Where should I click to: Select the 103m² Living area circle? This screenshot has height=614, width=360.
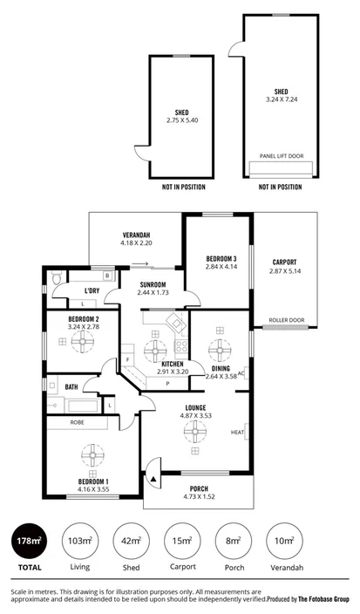(x=79, y=541)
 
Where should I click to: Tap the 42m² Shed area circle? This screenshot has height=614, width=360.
(x=131, y=541)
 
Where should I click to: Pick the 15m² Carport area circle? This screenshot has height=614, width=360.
(x=181, y=541)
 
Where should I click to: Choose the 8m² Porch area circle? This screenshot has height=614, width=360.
(x=231, y=541)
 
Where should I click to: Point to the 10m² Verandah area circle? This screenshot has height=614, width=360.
(x=282, y=541)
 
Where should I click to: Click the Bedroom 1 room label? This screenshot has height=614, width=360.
(x=93, y=481)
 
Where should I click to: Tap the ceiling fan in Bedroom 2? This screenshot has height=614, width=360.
(x=86, y=343)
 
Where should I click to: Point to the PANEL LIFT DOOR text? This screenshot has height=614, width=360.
(x=281, y=156)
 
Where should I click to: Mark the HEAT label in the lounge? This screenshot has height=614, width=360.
(x=237, y=432)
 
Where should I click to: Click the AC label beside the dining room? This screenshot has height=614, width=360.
(x=241, y=372)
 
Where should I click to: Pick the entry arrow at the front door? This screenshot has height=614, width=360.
(x=154, y=477)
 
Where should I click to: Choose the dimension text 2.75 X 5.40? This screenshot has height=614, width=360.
(x=181, y=119)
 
